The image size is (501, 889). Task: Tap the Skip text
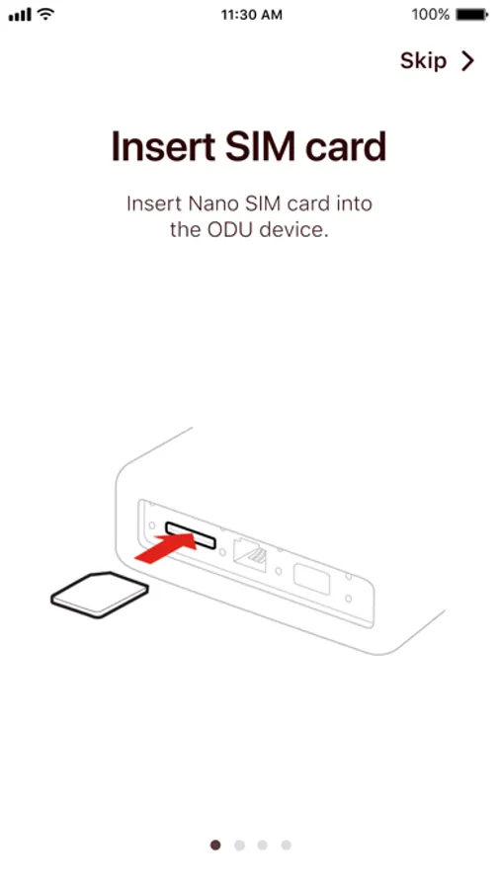tap(423, 60)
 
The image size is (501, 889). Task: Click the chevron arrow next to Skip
tap(467, 60)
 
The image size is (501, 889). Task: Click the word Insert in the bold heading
tap(162, 146)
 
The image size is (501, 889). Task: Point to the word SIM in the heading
tap(260, 146)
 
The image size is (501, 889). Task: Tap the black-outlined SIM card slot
tap(190, 535)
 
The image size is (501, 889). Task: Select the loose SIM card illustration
tap(99, 595)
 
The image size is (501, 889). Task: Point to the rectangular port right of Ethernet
tap(311, 578)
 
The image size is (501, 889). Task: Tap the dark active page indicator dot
tap(215, 846)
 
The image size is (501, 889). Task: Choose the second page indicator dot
tap(239, 846)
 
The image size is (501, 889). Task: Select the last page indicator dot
tap(286, 846)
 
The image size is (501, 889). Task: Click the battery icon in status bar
tap(472, 15)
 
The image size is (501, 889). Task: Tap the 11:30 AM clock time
tap(251, 15)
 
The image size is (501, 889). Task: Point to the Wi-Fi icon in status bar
tap(44, 15)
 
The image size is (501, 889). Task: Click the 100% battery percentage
tap(431, 15)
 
